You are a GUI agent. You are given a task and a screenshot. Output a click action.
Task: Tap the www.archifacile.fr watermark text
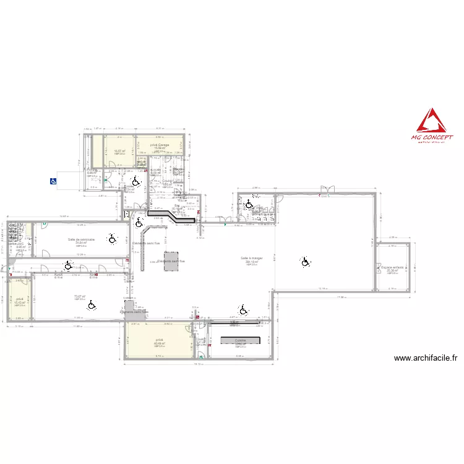(425, 358)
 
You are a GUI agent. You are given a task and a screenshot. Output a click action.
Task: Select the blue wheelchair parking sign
(54, 181)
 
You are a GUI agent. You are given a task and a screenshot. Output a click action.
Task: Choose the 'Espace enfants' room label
(392, 268)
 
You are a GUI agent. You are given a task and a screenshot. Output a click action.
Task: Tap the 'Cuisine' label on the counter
(240, 340)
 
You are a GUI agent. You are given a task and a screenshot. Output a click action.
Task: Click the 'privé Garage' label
(160, 145)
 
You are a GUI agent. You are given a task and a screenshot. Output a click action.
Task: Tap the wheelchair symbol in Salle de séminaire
(112, 239)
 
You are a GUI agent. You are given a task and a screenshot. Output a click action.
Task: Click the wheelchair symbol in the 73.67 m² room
(92, 305)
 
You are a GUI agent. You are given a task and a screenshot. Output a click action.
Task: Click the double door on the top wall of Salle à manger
(327, 189)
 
